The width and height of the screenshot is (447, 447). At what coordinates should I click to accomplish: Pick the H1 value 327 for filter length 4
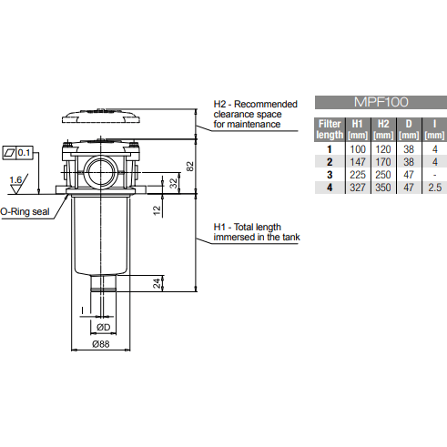(x=357, y=187)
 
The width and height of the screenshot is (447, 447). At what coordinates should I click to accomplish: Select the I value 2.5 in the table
(x=435, y=187)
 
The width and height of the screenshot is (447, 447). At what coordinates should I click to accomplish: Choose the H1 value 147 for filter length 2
(x=357, y=160)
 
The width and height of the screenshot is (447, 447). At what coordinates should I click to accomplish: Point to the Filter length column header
(x=329, y=127)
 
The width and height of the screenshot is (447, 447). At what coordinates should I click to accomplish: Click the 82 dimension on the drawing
(x=190, y=166)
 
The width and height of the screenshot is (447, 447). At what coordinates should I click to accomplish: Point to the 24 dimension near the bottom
(x=158, y=282)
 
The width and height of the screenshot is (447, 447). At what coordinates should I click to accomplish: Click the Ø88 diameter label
(x=101, y=345)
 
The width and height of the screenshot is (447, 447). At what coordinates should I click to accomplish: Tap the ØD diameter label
(x=104, y=326)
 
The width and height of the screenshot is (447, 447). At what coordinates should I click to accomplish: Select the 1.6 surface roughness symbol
(x=15, y=181)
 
